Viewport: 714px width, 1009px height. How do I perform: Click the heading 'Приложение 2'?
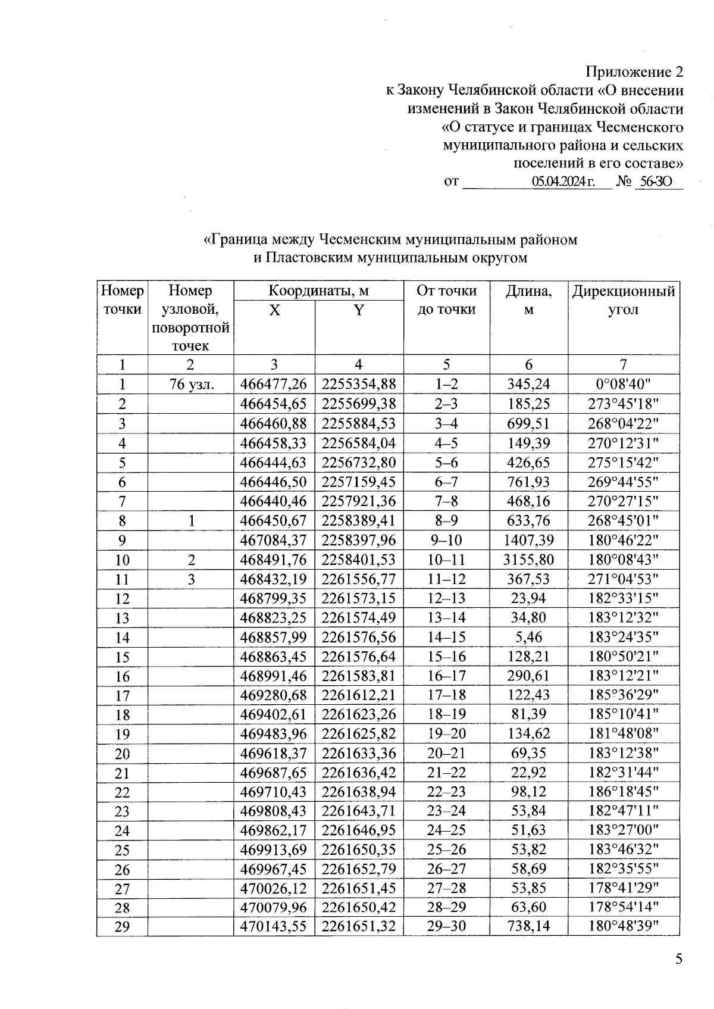(x=634, y=73)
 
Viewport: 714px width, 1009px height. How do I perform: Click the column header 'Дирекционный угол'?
(x=623, y=300)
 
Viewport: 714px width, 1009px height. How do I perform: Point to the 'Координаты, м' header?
(x=318, y=291)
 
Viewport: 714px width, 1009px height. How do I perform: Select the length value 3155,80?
(x=528, y=560)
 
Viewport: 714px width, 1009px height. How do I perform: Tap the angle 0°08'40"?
(x=623, y=385)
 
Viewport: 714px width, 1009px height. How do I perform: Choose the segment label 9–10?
(x=446, y=541)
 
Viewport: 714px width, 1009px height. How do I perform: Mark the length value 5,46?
(x=528, y=638)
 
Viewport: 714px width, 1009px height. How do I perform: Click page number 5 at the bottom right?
(x=679, y=959)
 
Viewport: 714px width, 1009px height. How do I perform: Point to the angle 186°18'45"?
(x=623, y=792)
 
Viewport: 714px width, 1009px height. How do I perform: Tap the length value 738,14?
(x=528, y=926)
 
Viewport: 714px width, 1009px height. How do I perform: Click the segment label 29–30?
(x=446, y=926)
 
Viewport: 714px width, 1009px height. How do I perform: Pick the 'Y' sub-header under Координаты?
(x=358, y=310)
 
